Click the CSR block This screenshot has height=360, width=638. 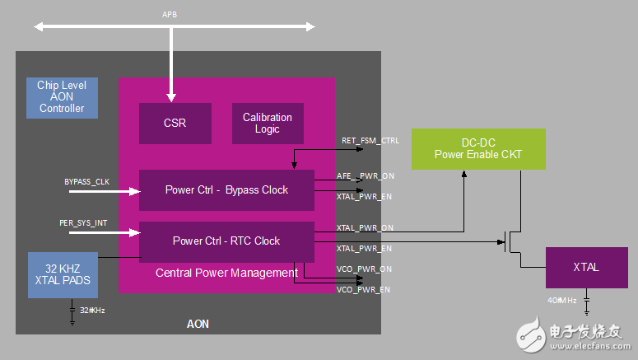[175, 124]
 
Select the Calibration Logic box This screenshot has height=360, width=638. [268, 124]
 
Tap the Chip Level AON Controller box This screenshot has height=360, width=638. [62, 96]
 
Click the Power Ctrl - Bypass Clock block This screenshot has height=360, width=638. [226, 189]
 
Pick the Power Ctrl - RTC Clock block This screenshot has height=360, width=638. [226, 241]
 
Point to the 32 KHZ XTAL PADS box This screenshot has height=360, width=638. [63, 274]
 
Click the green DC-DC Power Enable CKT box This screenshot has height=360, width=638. [478, 149]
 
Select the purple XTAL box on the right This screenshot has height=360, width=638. [586, 268]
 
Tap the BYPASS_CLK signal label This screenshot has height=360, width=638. [86, 181]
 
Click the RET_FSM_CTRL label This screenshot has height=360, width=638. [370, 141]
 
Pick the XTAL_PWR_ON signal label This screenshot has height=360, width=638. [365, 227]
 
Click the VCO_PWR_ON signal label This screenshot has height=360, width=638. [364, 269]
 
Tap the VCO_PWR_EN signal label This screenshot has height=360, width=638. [363, 290]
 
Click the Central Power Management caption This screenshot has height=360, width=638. [226, 273]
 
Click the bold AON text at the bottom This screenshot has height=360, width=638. [198, 324]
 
